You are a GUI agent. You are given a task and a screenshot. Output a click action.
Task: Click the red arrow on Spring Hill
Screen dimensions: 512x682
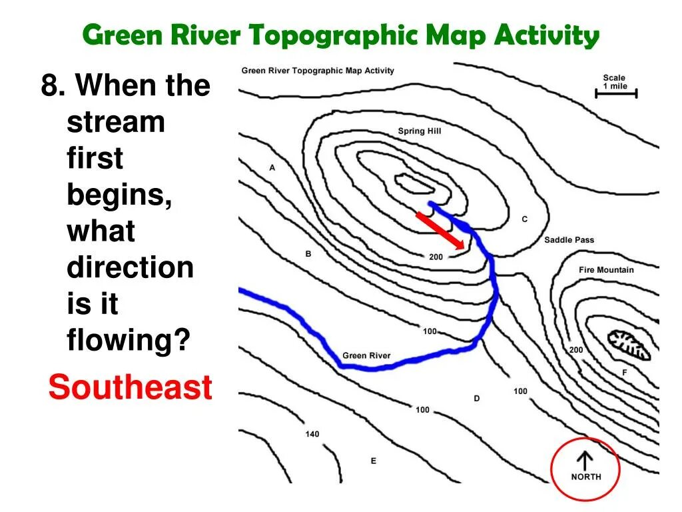coord(440,231)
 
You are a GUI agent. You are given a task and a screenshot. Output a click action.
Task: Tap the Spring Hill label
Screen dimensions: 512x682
coord(419,131)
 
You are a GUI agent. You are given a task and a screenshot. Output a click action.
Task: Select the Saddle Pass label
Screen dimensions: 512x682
coord(569,240)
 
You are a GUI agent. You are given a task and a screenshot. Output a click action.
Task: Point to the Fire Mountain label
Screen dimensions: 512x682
coord(606,270)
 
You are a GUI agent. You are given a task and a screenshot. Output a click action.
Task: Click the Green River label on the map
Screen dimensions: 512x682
coord(366,355)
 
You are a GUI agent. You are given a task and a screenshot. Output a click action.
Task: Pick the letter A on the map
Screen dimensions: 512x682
coord(272,168)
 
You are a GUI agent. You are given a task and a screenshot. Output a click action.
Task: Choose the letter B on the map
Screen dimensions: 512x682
coord(308,254)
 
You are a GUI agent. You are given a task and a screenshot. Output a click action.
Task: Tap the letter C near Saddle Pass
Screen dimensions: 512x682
coord(524,219)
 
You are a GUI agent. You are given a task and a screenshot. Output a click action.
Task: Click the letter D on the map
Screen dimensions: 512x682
coord(477,399)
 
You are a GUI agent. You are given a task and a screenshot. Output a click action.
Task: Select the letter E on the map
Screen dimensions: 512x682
coord(373,461)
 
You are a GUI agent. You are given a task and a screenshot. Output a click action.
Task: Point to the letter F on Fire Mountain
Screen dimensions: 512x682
coord(624,373)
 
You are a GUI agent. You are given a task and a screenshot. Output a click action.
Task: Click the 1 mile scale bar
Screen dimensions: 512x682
coord(616,94)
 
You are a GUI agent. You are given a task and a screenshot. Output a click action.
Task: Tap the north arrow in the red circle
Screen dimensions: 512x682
coord(585,461)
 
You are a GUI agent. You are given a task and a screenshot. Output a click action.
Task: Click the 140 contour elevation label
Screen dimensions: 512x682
coord(312,434)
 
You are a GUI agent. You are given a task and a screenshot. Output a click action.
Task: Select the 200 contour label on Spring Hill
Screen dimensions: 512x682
coord(436,257)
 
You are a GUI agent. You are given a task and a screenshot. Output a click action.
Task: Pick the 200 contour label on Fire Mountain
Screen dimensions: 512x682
coord(575,350)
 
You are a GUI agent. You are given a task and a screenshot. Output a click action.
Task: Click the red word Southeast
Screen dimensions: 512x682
coord(131,387)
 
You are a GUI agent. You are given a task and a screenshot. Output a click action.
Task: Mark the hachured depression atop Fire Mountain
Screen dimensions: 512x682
coord(628,344)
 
